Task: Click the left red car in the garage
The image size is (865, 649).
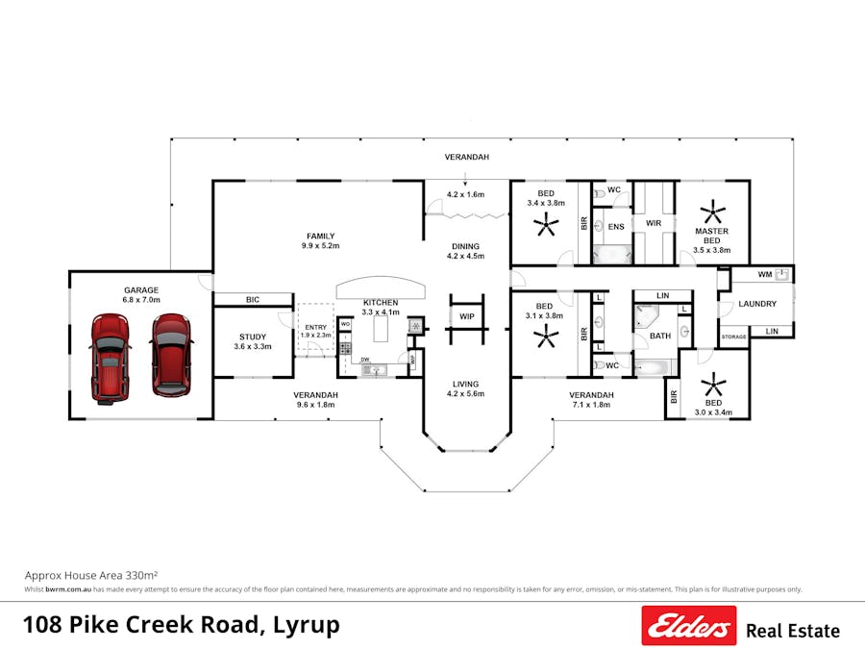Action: pos(110,356)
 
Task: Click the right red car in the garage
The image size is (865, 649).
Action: pos(171,355)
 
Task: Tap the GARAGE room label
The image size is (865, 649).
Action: pos(140,289)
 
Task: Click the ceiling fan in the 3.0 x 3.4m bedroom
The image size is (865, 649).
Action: pos(713,387)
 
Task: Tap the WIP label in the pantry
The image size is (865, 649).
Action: pos(466,316)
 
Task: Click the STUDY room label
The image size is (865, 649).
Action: pos(253,337)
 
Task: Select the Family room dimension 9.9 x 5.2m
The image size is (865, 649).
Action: pos(320,246)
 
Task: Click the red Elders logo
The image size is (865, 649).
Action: pos(689,626)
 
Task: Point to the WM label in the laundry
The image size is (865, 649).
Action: pos(765,275)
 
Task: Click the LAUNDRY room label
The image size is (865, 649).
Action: pos(757,304)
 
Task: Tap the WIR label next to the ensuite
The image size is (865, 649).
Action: pos(654,223)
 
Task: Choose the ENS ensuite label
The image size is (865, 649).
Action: pos(616,227)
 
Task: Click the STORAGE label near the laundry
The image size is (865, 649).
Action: pos(734,337)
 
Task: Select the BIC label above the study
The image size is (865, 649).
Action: pos(253,300)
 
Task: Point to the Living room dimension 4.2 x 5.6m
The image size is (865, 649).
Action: pos(466,393)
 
